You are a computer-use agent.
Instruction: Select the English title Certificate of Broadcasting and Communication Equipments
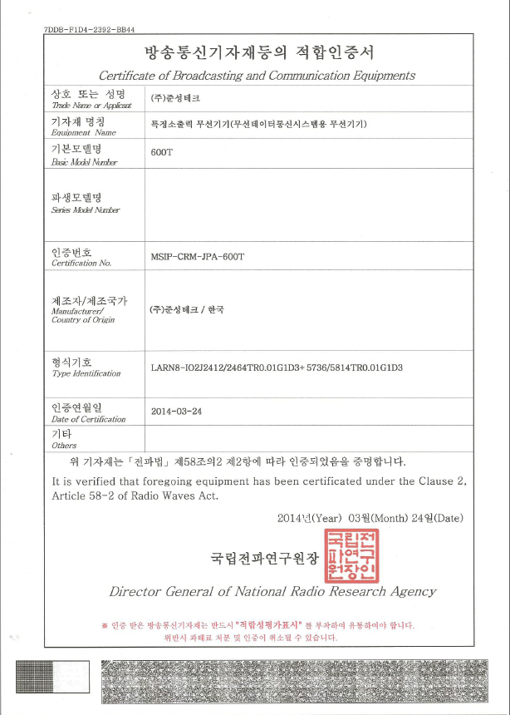[x=257, y=76]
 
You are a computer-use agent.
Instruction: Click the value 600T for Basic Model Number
[x=161, y=154]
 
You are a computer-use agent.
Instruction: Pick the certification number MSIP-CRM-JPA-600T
[x=198, y=257]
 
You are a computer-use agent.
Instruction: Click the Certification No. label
[x=81, y=263]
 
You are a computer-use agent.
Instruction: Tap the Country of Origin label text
[x=83, y=320]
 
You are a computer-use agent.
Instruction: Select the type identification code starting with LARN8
[x=277, y=367]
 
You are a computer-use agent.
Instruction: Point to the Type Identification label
[x=86, y=374]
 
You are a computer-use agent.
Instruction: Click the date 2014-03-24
[x=177, y=412]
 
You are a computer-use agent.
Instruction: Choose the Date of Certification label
[x=89, y=419]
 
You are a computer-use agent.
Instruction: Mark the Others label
[x=64, y=446]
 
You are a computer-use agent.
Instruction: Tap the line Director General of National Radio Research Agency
[x=272, y=592]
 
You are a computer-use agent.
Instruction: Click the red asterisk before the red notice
[x=104, y=624]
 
